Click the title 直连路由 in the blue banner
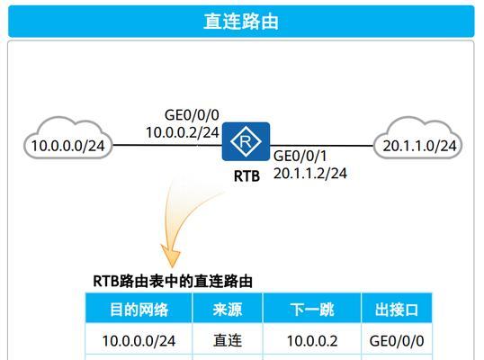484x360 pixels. pyautogui.click(x=241, y=22)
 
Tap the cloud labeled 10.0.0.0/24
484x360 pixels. pyautogui.click(x=67, y=138)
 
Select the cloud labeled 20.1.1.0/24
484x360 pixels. pyautogui.click(x=418, y=138)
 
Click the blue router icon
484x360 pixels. pyautogui.click(x=246, y=141)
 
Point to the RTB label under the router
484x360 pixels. pyautogui.click(x=246, y=176)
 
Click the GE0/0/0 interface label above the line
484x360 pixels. pyautogui.click(x=192, y=115)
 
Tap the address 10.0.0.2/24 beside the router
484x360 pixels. pyautogui.click(x=183, y=132)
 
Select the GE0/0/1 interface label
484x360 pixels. pyautogui.click(x=300, y=156)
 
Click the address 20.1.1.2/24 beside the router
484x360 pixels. pyautogui.click(x=309, y=173)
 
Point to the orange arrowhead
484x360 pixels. pyautogui.click(x=171, y=255)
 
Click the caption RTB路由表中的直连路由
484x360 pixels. pyautogui.click(x=173, y=282)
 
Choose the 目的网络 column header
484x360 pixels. pyautogui.click(x=139, y=310)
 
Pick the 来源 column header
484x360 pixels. pyautogui.click(x=228, y=310)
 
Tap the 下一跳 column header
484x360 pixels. pyautogui.click(x=312, y=310)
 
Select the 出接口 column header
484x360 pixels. pyautogui.click(x=397, y=310)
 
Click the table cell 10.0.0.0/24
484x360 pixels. pyautogui.click(x=139, y=341)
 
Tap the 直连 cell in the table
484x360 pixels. pyautogui.click(x=228, y=341)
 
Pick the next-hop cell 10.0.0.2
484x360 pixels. pyautogui.click(x=312, y=341)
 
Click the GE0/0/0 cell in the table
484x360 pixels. pyautogui.click(x=397, y=341)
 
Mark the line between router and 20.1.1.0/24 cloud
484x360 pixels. pyautogui.click(x=322, y=146)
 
